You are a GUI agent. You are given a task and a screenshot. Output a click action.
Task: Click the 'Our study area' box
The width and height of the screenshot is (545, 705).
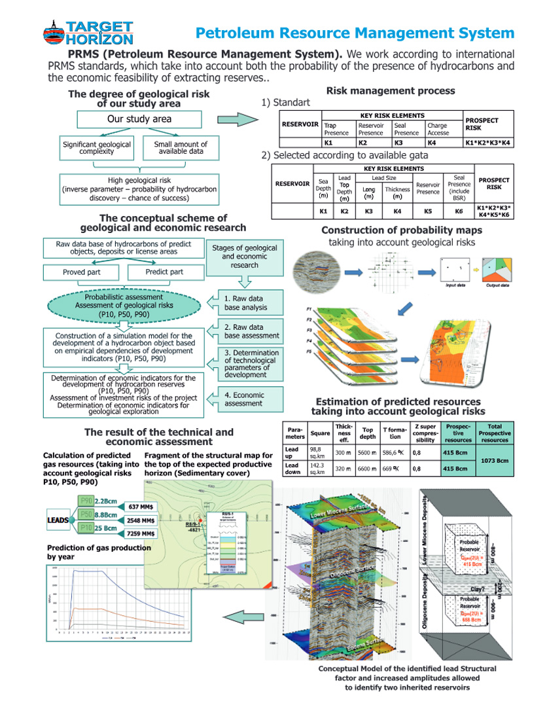click(x=139, y=119)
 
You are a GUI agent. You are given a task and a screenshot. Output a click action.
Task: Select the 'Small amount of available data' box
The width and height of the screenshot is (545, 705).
click(x=181, y=148)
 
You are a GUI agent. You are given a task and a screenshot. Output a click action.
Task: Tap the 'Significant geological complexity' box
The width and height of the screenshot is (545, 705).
click(x=96, y=148)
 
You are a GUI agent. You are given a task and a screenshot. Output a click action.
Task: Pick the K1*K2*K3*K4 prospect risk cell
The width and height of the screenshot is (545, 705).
click(x=487, y=141)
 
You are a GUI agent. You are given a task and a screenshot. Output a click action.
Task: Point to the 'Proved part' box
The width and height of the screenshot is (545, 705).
click(x=82, y=272)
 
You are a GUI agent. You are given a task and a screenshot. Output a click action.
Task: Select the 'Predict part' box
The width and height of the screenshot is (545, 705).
click(x=164, y=272)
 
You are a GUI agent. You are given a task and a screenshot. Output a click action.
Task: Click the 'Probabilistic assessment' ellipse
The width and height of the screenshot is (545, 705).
click(x=114, y=306)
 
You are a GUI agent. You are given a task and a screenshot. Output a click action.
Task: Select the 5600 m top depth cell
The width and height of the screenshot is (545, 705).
click(x=367, y=452)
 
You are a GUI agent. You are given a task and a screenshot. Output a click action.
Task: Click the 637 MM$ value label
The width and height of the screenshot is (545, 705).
click(x=142, y=506)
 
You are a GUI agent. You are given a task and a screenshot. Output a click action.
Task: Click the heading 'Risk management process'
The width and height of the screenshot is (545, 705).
click(x=391, y=91)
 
